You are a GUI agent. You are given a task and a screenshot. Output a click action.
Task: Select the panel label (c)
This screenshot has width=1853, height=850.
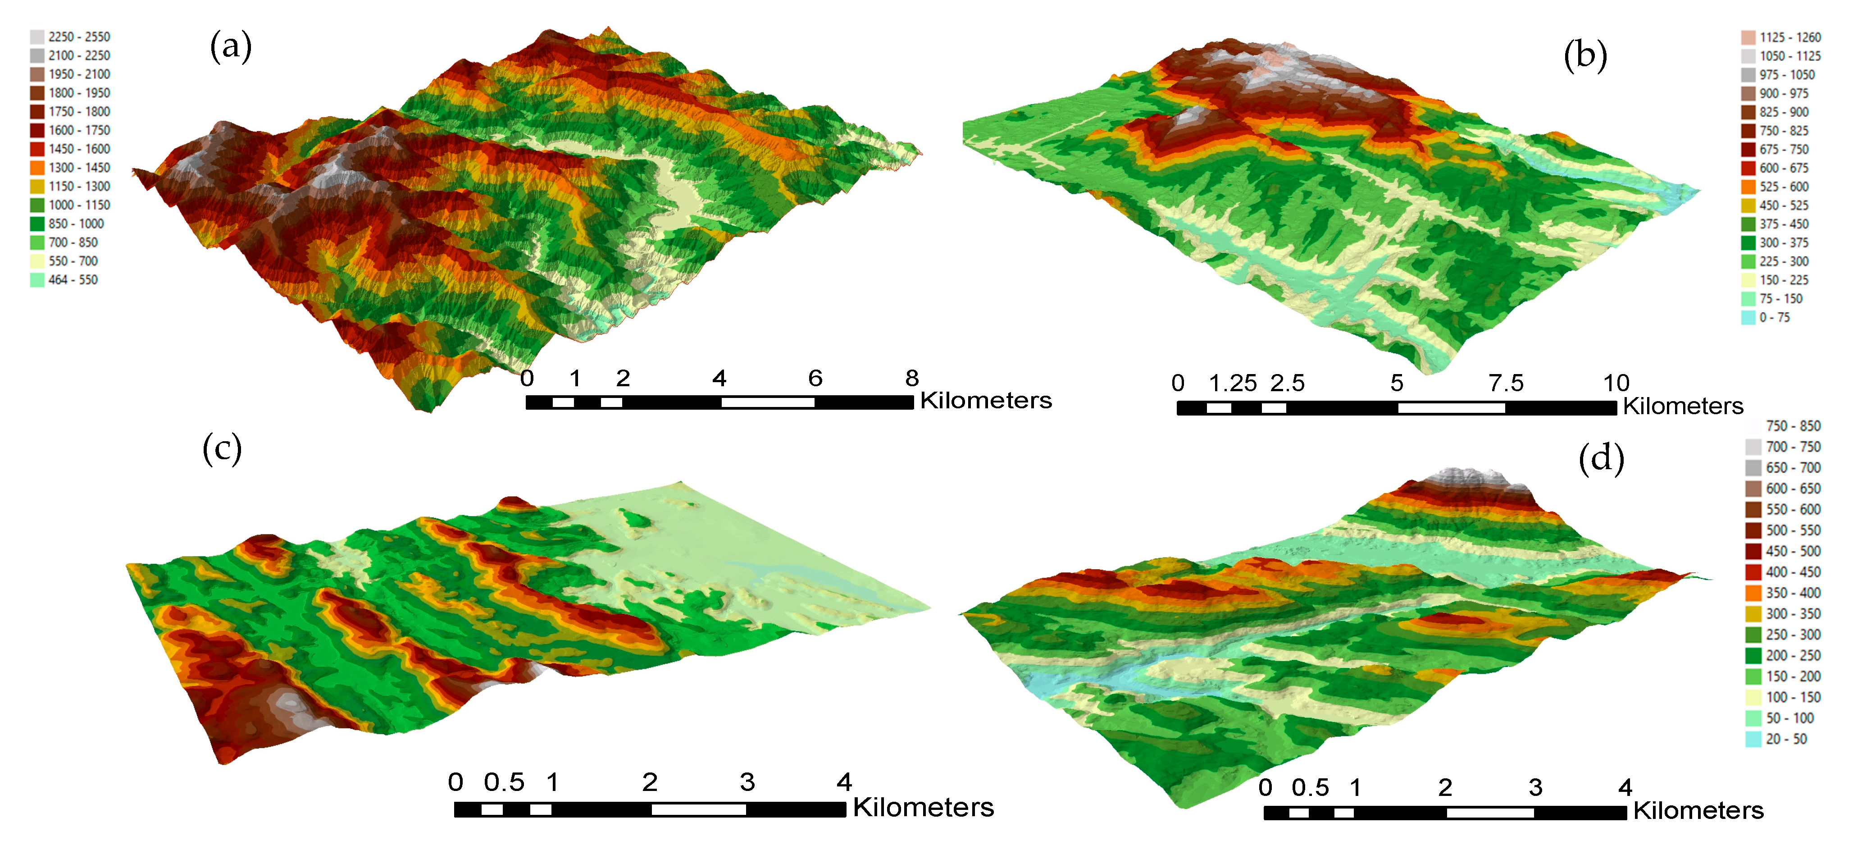222,448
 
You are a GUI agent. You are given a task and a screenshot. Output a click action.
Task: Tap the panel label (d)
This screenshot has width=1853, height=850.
1601,458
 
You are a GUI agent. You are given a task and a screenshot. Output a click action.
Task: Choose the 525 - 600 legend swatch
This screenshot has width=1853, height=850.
1748,187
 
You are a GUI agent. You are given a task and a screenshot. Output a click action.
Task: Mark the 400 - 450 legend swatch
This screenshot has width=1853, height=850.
1753,572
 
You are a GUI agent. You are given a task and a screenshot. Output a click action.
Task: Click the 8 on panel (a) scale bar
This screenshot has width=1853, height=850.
911,378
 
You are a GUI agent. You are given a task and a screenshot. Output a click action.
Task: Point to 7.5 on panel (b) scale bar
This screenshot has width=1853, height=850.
1506,383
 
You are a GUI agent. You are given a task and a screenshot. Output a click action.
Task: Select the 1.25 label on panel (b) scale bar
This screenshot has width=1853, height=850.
1232,383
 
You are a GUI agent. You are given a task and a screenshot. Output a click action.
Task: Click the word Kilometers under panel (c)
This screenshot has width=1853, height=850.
923,808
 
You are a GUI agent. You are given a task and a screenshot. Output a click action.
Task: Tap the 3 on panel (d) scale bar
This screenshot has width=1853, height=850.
1535,787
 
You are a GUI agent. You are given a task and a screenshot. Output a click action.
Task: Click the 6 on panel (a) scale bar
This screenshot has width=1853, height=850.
815,378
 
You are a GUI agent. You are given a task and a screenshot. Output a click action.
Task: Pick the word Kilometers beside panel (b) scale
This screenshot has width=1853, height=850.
1683,407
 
